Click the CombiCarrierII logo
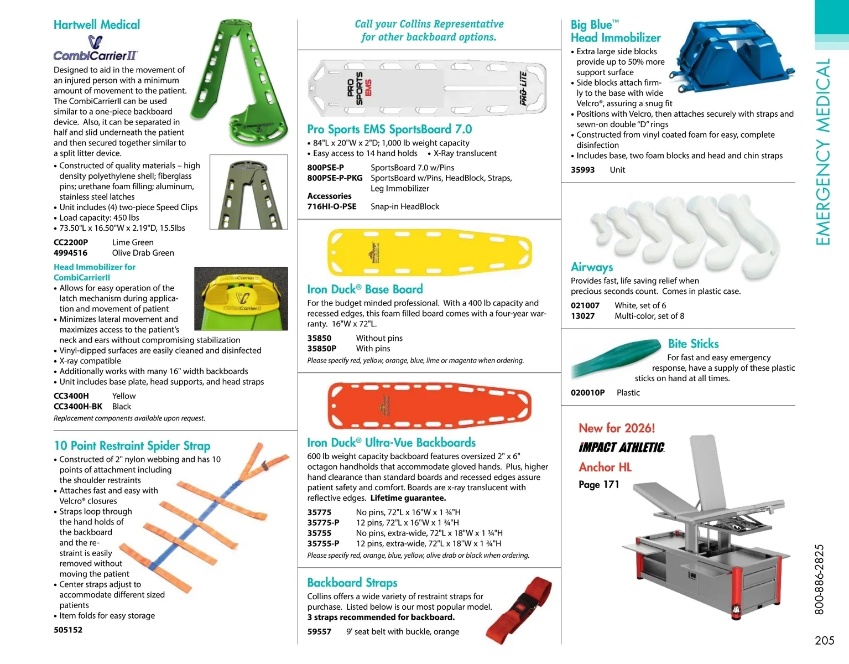point(95,48)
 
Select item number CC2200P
point(71,242)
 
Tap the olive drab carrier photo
point(249,192)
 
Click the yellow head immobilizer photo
point(241,299)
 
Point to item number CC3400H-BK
point(78,407)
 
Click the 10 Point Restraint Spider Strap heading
point(132,445)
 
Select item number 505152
point(68,630)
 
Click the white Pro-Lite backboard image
point(426,88)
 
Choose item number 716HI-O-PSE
point(332,206)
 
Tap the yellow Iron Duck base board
point(429,252)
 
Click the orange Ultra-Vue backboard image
point(429,406)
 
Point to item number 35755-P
point(323,543)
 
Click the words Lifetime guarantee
point(408,498)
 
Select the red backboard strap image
point(519,610)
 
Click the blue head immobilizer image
point(731,56)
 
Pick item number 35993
point(582,170)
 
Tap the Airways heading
point(591,267)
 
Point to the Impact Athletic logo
point(621,447)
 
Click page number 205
point(824,640)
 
